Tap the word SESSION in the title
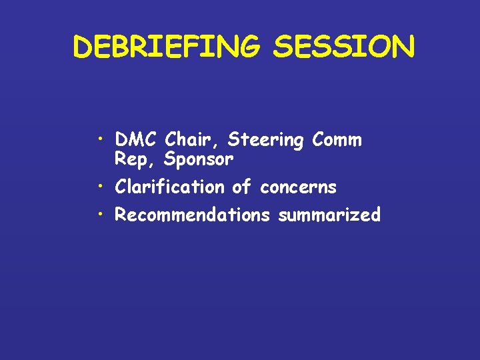pyautogui.click(x=344, y=47)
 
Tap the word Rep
pyautogui.click(x=129, y=160)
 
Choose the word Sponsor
pyautogui.click(x=198, y=160)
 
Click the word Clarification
pyautogui.click(x=170, y=187)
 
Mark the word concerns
pyautogui.click(x=298, y=188)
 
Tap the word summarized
pyautogui.click(x=330, y=215)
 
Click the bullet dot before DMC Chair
pyautogui.click(x=99, y=139)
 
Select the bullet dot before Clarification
pyautogui.click(x=99, y=186)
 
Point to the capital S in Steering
pyautogui.click(x=233, y=140)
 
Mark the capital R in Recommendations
pyautogui.click(x=121, y=215)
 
